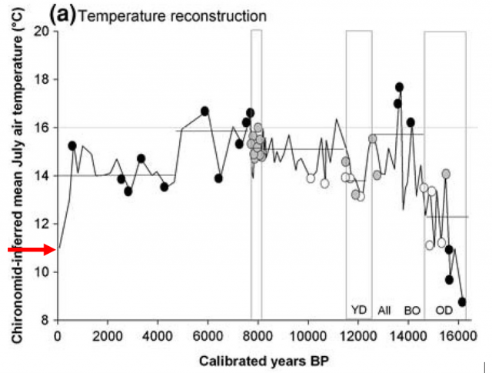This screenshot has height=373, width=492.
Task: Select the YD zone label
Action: click(359, 310)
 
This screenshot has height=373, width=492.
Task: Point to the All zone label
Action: click(384, 310)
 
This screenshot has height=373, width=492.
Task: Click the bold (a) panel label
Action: click(61, 14)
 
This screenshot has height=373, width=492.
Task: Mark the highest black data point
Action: click(399, 87)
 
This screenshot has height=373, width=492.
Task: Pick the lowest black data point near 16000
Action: click(462, 301)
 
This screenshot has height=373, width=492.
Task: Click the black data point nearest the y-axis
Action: click(72, 145)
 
